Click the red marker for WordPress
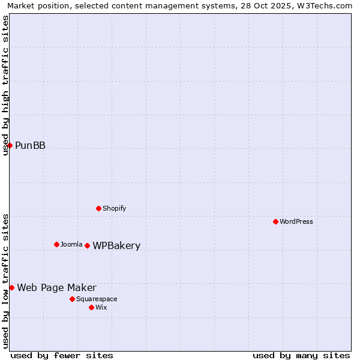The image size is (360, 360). [275, 221]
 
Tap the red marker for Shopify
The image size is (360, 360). [98, 208]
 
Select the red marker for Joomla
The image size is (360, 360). [56, 244]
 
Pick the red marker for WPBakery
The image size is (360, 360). [87, 245]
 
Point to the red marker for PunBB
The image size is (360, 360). [10, 145]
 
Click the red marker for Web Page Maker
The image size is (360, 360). [11, 287]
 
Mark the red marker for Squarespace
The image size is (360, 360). [72, 299]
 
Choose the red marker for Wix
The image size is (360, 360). [91, 307]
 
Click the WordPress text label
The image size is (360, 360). [296, 221]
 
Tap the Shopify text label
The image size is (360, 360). [114, 208]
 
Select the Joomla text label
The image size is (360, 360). [71, 244]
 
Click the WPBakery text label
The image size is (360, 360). [116, 245]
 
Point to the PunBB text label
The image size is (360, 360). [30, 145]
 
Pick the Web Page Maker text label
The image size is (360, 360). [56, 287]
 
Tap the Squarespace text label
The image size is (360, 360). [97, 299]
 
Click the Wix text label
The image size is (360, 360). [101, 307]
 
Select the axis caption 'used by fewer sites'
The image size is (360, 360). [62, 355]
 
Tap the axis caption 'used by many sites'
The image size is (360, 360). [301, 355]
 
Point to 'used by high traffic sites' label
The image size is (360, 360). [5, 85]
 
